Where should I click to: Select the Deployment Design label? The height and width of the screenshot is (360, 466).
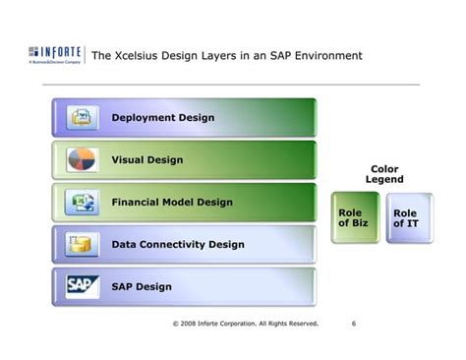162,118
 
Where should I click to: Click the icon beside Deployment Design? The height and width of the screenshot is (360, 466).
80,118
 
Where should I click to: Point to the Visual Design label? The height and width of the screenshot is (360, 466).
146,160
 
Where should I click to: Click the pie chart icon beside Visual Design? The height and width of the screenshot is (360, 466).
80,160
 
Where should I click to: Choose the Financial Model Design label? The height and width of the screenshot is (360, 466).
172,203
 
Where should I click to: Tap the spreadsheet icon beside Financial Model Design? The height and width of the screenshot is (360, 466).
80,203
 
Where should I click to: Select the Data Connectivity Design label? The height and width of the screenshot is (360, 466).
178,244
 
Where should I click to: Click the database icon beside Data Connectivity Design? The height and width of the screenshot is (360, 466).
80,244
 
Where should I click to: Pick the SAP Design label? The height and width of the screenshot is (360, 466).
142,287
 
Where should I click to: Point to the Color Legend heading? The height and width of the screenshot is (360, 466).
384,174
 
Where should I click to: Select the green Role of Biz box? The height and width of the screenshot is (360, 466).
354,218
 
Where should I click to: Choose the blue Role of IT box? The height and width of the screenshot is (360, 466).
405,218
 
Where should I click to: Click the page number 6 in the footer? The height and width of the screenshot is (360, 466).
352,322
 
